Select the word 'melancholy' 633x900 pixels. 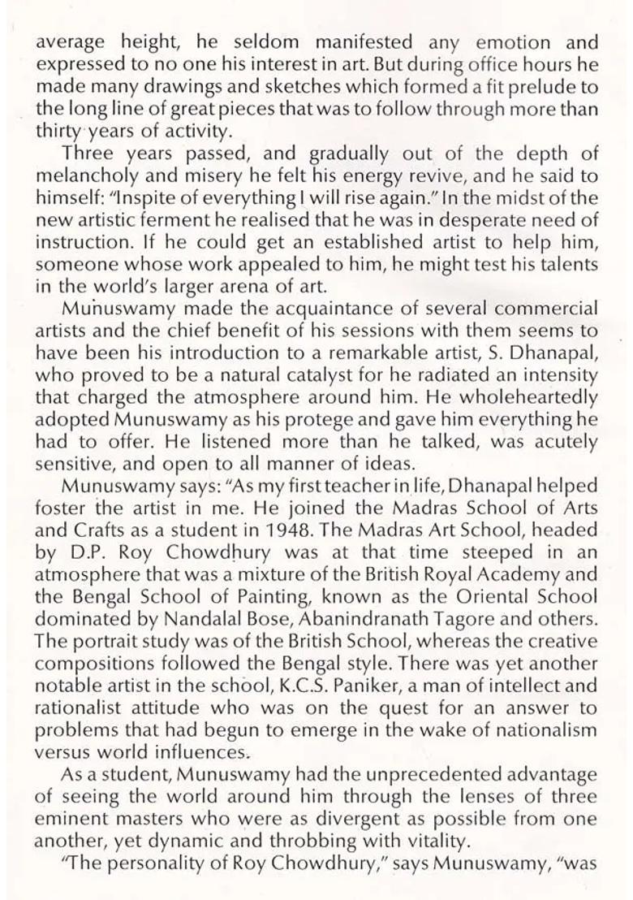pos(82,175)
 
